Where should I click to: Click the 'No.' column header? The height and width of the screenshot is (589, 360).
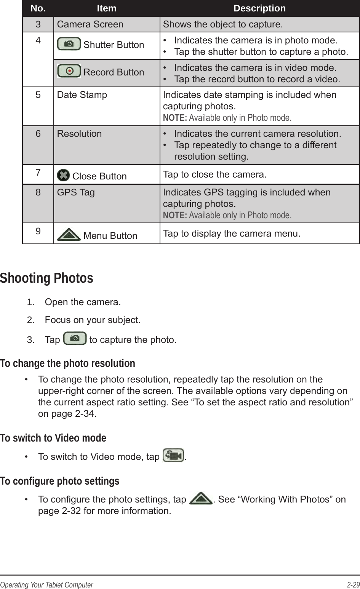click(x=38, y=8)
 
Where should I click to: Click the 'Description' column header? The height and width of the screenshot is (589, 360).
click(x=259, y=8)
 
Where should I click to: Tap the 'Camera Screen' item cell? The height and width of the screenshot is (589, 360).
click(x=90, y=24)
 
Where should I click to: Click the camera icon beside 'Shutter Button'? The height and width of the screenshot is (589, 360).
click(x=69, y=44)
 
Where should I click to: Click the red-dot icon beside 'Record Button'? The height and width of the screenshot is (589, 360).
click(x=69, y=71)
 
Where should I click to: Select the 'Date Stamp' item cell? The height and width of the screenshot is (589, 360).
click(x=82, y=94)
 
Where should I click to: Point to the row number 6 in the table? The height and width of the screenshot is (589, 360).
click(x=38, y=134)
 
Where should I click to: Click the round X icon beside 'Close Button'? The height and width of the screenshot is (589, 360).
click(x=62, y=175)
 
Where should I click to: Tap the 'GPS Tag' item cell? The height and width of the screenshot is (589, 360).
click(x=76, y=192)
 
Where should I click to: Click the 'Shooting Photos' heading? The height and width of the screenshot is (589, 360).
click(x=46, y=278)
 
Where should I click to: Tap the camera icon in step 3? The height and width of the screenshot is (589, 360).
click(x=75, y=338)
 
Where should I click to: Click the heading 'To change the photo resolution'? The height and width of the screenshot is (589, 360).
click(x=67, y=363)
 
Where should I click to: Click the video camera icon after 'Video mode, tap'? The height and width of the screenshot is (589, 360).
click(x=173, y=456)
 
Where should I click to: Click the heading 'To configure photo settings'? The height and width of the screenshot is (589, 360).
click(x=59, y=481)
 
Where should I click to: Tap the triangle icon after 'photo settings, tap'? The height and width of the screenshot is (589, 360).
click(x=201, y=499)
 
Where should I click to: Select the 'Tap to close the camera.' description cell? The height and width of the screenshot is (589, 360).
click(x=214, y=174)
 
